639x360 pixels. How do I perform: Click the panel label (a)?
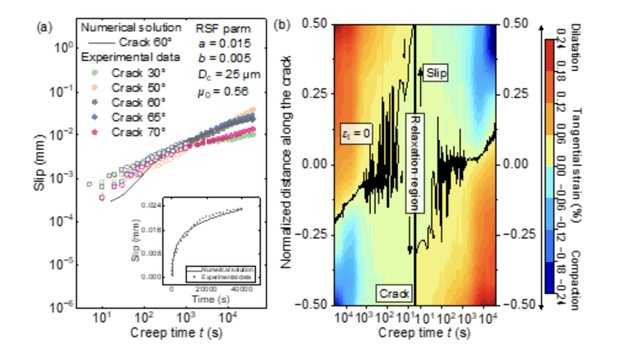pyautogui.click(x=44, y=27)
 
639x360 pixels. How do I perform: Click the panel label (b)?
pyautogui.click(x=284, y=27)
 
